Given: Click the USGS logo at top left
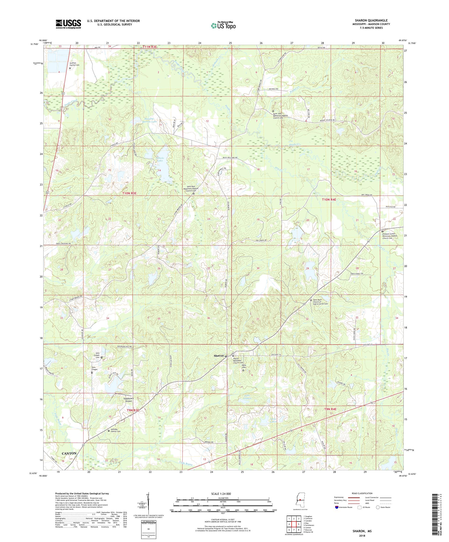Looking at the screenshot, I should pyautogui.click(x=68, y=24).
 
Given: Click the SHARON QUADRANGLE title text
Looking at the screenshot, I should pyautogui.click(x=372, y=20).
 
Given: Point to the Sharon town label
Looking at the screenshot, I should pyautogui.click(x=219, y=356).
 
